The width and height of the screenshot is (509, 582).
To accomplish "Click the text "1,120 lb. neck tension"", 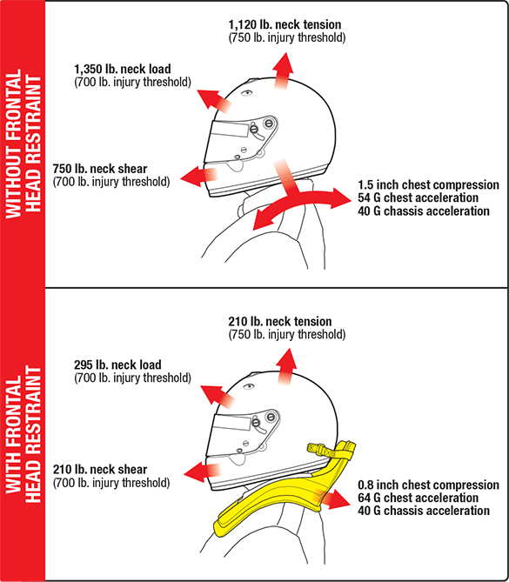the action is pos(285,24).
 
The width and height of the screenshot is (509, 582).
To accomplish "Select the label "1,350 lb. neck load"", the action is pos(123,69).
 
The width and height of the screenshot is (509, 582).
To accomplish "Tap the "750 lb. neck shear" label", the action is pos(100,169).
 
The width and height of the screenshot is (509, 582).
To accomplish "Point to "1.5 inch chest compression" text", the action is pos(428,184).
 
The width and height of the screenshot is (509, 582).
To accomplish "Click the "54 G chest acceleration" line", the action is pos(418,197).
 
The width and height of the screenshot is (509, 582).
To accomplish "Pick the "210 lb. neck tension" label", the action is pos(280,321).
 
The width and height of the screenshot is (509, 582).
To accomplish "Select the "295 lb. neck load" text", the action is pos(117,365).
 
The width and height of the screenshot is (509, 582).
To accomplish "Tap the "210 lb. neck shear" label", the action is pos(100,470).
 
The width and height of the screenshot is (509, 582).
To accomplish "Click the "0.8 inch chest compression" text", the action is pos(428,485).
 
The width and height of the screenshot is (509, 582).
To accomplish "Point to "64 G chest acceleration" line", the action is pos(418,498).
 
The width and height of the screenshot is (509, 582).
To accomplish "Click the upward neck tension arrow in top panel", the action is pos(283,70).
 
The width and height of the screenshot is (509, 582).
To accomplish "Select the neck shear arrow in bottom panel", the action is pos(202,472).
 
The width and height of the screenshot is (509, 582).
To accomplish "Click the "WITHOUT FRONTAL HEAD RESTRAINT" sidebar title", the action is pos(23,144).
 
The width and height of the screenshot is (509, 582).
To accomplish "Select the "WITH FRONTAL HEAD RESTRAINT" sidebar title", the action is pos(23,435).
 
